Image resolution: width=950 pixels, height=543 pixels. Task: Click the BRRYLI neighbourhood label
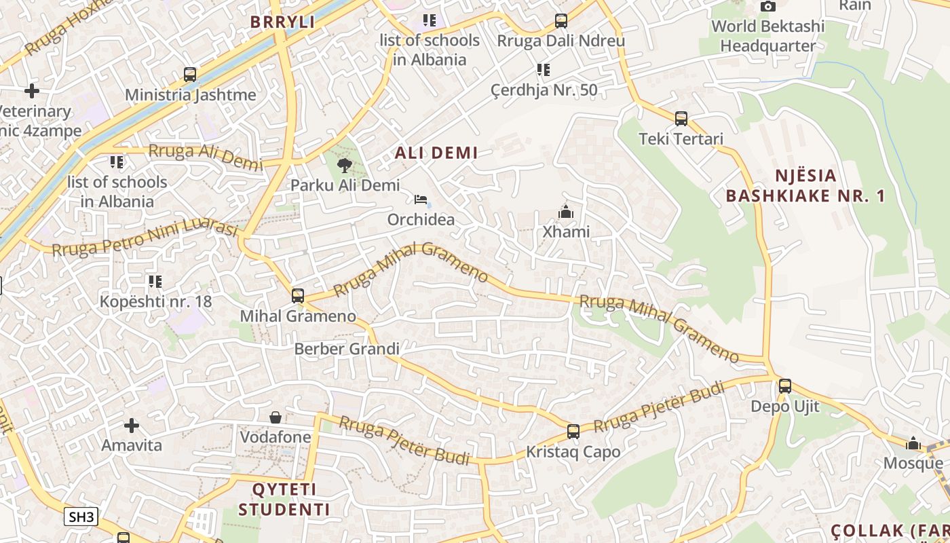point(282,22)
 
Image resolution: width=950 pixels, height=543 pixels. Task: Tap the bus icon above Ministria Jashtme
point(190,75)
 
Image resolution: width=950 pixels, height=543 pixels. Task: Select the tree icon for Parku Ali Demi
point(345,165)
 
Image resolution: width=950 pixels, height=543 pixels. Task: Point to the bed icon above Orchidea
point(421,200)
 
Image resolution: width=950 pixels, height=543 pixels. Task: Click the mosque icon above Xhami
point(565,212)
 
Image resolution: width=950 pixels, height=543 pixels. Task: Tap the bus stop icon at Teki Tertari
point(681,119)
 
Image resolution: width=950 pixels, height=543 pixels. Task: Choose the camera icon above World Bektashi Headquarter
point(767,7)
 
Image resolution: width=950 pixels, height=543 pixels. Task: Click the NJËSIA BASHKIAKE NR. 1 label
point(805,186)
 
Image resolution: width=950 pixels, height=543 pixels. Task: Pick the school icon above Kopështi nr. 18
point(155,281)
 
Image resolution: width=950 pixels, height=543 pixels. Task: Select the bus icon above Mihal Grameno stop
point(297,296)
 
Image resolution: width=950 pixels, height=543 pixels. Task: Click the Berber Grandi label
point(347,349)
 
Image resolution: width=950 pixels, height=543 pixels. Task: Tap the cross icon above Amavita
point(132,426)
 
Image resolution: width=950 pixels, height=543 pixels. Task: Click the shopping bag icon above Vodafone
point(275,417)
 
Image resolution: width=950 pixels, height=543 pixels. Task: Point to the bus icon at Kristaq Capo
point(573,432)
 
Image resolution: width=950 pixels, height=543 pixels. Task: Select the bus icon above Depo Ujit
point(785,386)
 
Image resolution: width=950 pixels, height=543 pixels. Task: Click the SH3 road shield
point(81,517)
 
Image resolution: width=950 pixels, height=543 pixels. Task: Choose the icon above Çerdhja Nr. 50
point(543,70)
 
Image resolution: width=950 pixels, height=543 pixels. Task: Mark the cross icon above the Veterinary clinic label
point(32,91)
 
